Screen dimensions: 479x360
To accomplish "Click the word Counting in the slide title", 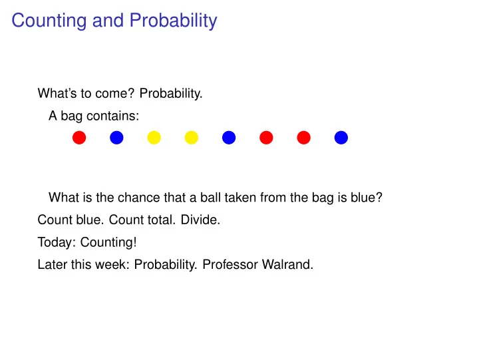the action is [x=49, y=21].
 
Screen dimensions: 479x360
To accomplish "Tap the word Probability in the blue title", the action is [x=173, y=21].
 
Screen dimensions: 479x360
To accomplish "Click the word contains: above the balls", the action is [x=112, y=116].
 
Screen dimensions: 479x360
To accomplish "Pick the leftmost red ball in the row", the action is [x=79, y=138].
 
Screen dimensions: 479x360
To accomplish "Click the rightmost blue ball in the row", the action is [x=341, y=138].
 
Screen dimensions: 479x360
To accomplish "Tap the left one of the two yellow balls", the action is [x=154, y=138].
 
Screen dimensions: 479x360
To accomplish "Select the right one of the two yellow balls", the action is [x=192, y=138].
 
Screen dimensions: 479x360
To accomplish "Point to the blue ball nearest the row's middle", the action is [x=229, y=138].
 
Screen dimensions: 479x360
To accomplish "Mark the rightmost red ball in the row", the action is [x=303, y=138].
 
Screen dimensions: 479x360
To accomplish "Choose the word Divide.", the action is [x=200, y=220].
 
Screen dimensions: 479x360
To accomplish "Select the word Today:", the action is [x=57, y=242].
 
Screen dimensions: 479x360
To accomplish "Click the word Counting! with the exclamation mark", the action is [x=108, y=242].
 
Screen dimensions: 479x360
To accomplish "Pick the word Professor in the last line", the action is [x=230, y=264].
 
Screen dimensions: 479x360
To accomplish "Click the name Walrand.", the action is [x=288, y=264].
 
